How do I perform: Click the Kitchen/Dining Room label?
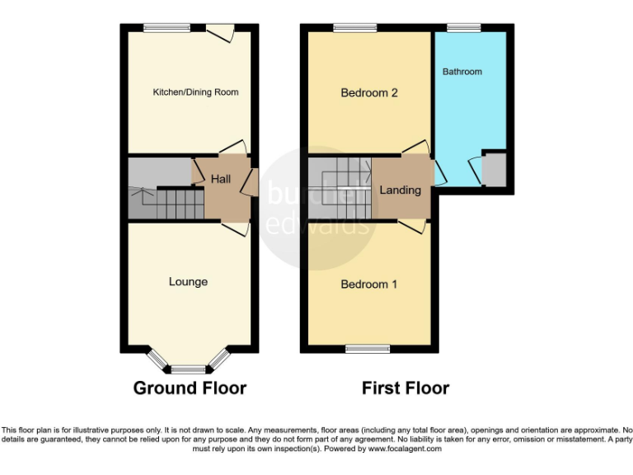pos(195,92)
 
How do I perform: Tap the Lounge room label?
pos(188,281)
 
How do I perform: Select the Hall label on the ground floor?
pos(221,179)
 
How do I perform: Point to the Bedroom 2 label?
pos(369,93)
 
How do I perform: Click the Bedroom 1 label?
pos(369,285)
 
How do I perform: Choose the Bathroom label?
pos(462,72)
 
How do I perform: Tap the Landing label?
pos(401,190)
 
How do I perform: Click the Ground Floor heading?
pos(190,388)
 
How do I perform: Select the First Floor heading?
pos(406,388)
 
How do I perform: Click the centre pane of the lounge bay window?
pos(189,369)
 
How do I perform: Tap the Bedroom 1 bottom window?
pos(368,349)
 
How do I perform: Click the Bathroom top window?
pos(464,28)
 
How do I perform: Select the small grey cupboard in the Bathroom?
pos(493,171)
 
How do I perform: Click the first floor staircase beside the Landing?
pos(340,187)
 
